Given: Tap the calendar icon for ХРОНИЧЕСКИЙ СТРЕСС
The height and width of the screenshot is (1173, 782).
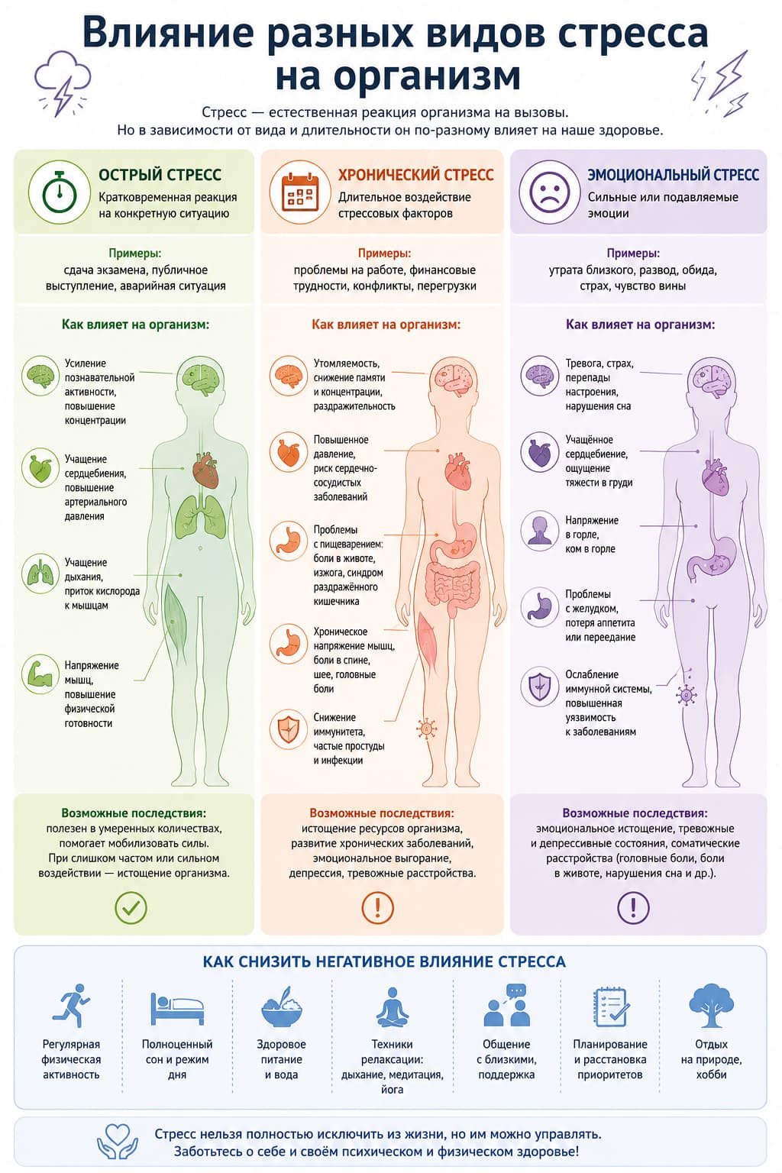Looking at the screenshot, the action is [300, 192].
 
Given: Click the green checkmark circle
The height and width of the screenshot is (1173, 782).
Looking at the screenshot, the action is [131, 907].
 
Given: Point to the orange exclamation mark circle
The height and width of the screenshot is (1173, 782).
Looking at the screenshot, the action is [377, 907].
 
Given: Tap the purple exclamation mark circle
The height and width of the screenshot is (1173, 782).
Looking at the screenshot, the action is [633, 907].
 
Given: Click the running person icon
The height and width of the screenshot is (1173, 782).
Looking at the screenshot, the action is [71, 1005].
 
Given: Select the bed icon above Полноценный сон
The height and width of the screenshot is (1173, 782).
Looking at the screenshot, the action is [177, 1008].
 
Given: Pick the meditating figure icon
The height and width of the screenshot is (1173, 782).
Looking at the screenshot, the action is [393, 1007].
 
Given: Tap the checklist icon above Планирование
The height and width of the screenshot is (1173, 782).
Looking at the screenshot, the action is [611, 1007].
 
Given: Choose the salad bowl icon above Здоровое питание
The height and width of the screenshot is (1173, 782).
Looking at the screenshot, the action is [281, 1007].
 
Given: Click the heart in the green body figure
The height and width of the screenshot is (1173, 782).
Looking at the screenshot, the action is [205, 470].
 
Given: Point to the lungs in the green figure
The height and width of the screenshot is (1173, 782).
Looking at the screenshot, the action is [201, 517].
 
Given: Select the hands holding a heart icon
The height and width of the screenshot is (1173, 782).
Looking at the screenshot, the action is [118, 1142].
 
